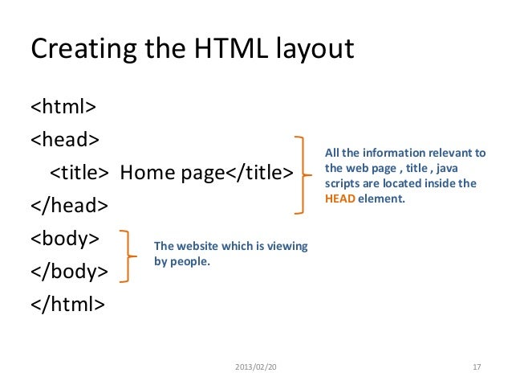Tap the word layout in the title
(311, 50)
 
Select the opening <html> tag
(64, 107)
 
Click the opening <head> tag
(65, 140)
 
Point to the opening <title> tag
(79, 173)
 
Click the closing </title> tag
(256, 173)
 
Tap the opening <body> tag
(65, 239)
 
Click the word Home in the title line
(144, 173)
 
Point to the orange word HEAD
(338, 197)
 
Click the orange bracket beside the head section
(303, 174)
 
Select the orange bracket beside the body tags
(126, 256)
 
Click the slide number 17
(477, 367)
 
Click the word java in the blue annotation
(461, 168)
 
